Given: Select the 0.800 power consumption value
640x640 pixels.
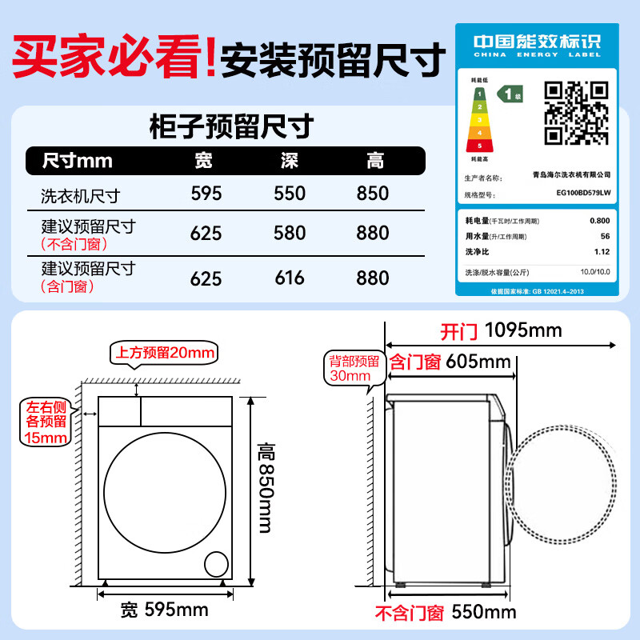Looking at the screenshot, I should (x=598, y=220).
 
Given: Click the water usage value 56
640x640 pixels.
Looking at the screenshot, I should (x=605, y=236).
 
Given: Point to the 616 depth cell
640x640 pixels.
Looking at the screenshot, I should (x=290, y=278).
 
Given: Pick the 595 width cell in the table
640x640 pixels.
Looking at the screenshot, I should (x=206, y=194).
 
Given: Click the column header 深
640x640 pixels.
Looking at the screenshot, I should (x=290, y=161).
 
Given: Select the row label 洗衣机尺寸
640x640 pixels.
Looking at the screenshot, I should (x=80, y=194).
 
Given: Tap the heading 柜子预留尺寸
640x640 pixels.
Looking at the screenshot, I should (x=231, y=127).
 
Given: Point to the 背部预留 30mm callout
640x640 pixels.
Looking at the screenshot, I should (x=350, y=368).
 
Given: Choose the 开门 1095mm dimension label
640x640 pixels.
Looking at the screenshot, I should (x=501, y=330).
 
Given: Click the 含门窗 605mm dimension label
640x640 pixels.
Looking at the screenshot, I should (x=450, y=362).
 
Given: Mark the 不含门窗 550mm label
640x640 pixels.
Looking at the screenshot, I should (x=446, y=614).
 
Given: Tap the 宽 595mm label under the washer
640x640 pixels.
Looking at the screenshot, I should (x=164, y=610).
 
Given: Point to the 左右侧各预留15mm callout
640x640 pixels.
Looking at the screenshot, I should (x=45, y=421).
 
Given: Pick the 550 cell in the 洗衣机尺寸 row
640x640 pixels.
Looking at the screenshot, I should (x=290, y=194).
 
